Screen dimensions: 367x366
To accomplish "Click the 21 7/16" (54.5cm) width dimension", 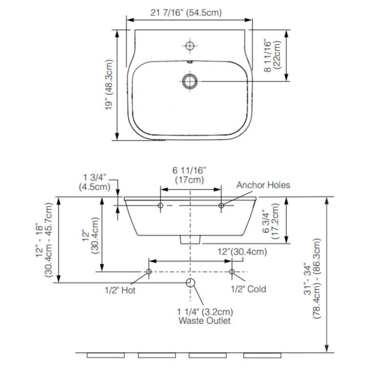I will point(186,12).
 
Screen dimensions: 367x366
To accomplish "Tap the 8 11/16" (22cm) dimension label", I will point(272,56).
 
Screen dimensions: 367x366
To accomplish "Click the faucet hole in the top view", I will point(190,46).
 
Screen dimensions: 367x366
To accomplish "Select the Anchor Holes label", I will point(263,185).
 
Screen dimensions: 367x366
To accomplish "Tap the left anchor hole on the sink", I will point(161,206).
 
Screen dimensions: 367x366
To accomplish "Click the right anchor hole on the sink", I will point(221,206).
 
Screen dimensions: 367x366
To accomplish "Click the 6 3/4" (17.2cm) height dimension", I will point(272,222).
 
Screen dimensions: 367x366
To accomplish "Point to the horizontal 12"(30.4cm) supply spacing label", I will point(242,252).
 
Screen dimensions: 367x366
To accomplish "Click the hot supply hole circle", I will point(149,271).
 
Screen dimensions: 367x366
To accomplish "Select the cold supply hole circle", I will point(232,271).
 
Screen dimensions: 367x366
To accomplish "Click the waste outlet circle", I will point(190,283).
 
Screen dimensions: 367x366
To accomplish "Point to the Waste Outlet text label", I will point(204,321).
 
